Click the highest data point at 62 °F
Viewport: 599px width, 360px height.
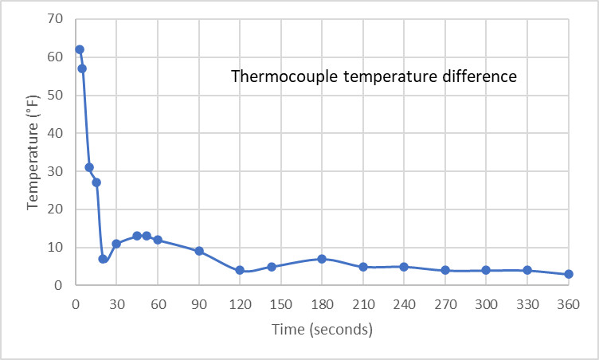click(x=80, y=49)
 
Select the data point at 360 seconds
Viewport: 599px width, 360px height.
click(x=569, y=274)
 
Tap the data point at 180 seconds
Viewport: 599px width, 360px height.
click(x=322, y=259)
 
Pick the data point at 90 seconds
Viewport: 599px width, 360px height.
click(x=199, y=251)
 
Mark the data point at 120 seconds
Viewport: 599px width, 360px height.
click(x=240, y=270)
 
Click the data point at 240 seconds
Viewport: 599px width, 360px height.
click(x=404, y=267)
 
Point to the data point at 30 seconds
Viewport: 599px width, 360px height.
click(x=116, y=244)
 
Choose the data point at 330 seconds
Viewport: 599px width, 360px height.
click(x=527, y=270)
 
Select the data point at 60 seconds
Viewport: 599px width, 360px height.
click(x=158, y=240)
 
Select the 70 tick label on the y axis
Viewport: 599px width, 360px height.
click(x=57, y=19)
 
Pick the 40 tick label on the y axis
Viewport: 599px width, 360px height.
click(x=57, y=133)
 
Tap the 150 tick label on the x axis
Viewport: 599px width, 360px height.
click(x=280, y=303)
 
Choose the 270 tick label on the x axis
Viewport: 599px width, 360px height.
click(x=445, y=303)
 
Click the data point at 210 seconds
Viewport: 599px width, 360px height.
click(x=363, y=267)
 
